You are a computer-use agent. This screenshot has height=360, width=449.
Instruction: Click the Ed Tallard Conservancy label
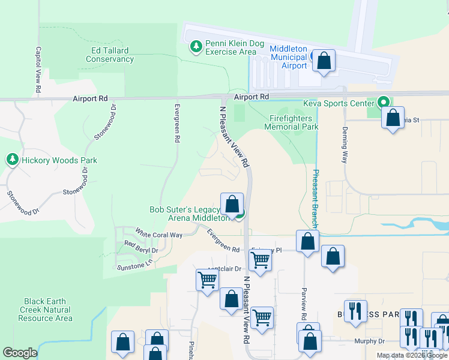(109, 55)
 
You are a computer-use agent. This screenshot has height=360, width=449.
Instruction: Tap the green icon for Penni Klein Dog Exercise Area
(195, 46)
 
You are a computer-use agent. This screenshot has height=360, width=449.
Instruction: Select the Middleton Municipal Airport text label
(288, 57)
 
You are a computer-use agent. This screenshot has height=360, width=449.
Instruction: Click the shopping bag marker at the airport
(324, 61)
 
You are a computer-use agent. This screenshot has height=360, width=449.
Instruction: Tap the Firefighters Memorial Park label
(294, 122)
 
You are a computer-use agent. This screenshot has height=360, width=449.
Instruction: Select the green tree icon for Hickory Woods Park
(12, 160)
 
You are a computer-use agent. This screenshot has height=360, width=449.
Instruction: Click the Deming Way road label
(345, 149)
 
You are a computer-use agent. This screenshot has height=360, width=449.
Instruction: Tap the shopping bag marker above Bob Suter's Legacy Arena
(232, 204)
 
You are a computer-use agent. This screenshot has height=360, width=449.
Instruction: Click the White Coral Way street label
(158, 234)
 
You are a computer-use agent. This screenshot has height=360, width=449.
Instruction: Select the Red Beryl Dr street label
(141, 247)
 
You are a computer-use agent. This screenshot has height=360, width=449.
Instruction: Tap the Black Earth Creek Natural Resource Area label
(47, 310)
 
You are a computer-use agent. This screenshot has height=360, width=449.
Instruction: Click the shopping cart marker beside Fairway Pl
(260, 260)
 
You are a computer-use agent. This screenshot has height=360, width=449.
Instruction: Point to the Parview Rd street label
(304, 306)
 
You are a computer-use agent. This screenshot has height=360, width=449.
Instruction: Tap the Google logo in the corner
(20, 353)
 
